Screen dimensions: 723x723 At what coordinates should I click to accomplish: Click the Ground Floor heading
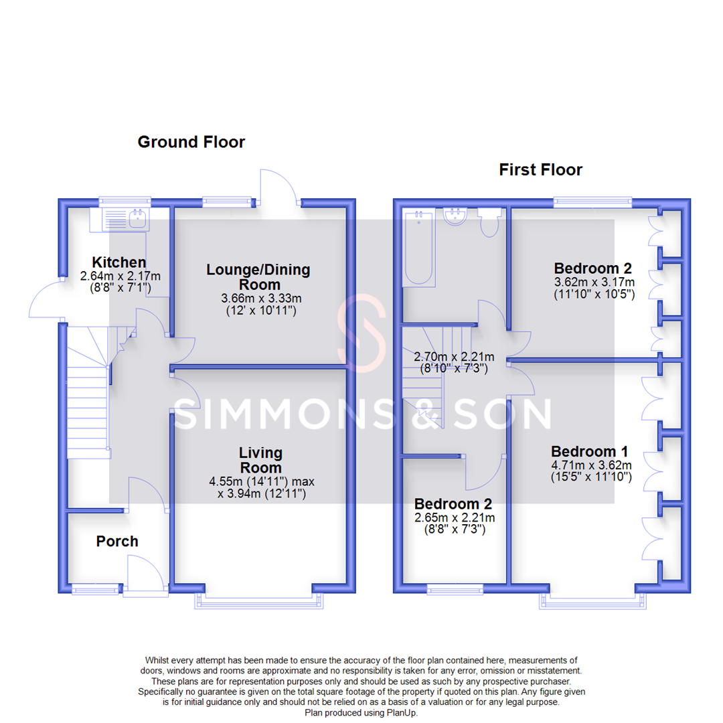point(191,142)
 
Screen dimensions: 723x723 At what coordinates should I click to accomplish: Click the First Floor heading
point(540,170)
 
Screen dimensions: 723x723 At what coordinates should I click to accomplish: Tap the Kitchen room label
point(118,262)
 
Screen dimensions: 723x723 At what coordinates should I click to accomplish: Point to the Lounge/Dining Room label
point(258,276)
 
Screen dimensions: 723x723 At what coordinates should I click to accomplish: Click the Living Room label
point(260,461)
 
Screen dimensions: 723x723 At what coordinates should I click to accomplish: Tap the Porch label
point(117,541)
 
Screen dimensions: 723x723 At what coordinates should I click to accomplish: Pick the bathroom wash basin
point(457,216)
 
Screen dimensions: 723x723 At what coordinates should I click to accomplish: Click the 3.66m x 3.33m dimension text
point(258,299)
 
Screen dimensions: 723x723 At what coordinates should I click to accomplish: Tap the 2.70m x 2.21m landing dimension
point(454,357)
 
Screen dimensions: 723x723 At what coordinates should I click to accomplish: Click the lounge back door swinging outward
point(276,185)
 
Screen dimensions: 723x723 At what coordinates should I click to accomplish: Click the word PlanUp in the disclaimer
point(400,714)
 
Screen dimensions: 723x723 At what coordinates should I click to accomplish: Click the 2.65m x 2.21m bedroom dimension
point(455,517)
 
